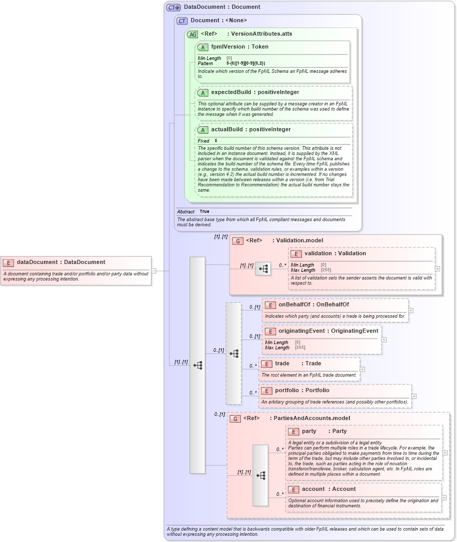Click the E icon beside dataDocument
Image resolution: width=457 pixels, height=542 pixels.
tap(9, 262)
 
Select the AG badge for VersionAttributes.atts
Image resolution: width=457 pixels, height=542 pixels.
tap(192, 34)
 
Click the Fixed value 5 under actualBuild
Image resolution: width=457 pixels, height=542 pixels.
tap(216, 141)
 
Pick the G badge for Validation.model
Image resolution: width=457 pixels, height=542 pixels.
tap(237, 241)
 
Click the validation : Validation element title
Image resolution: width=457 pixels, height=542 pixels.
tap(335, 253)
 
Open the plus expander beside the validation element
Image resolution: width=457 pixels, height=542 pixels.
tap(437, 269)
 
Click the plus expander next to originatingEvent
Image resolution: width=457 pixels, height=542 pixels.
tap(384, 340)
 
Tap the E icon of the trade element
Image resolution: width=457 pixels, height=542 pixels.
tap(266, 364)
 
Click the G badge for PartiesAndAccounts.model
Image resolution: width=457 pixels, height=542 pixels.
tap(235, 419)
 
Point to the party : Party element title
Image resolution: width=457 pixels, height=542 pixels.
tap(324, 431)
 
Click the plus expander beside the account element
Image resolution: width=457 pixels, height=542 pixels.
tap(444, 498)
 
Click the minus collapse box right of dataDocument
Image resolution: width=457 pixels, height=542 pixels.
tap(154, 270)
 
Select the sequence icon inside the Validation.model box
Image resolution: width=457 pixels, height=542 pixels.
tap(263, 269)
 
